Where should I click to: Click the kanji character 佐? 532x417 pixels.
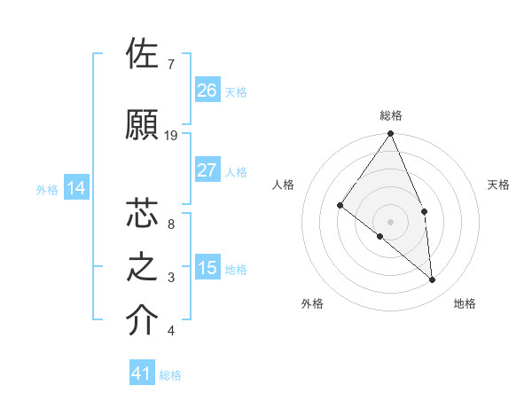coord(144,55)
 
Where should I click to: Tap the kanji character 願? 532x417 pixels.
coord(144,124)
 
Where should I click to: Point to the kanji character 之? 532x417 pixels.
coord(144,267)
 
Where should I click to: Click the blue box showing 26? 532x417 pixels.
coord(207,90)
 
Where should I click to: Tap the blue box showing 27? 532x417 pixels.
coord(207,170)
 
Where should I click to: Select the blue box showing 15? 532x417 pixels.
coord(207,268)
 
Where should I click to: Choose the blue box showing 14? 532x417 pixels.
coord(76,188)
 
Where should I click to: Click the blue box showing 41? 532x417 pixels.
coord(142,374)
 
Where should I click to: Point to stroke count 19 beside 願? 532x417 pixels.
coord(171,136)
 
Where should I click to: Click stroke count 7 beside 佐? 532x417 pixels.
coord(171,65)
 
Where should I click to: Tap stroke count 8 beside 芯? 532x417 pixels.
coord(171,224)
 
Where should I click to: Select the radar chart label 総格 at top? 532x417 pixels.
coord(391,115)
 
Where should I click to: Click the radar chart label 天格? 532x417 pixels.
coord(498,185)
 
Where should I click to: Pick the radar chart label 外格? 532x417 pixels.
coord(312,303)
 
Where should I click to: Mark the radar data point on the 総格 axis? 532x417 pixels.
coord(391,134)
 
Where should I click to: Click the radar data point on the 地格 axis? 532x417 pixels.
coord(433,279)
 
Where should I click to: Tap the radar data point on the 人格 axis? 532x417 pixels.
coord(340,206)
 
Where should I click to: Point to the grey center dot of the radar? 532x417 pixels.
coord(391,221)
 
